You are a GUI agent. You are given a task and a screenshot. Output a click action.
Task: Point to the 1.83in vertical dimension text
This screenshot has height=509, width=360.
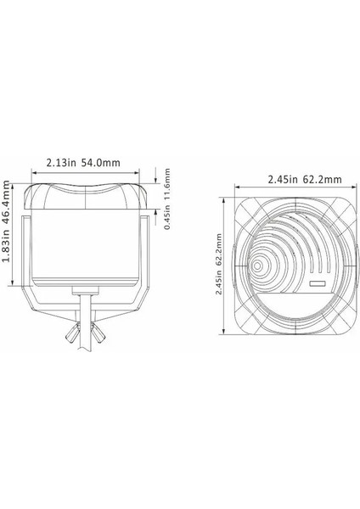pyautogui.click(x=9, y=263)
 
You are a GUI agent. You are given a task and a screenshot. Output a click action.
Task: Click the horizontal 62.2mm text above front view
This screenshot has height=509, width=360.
pyautogui.click(x=321, y=179)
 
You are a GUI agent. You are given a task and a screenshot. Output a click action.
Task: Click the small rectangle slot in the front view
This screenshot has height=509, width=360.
pyautogui.click(x=318, y=283)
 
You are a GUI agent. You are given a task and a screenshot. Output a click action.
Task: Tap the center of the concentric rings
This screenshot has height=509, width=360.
pyautogui.click(x=257, y=266)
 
